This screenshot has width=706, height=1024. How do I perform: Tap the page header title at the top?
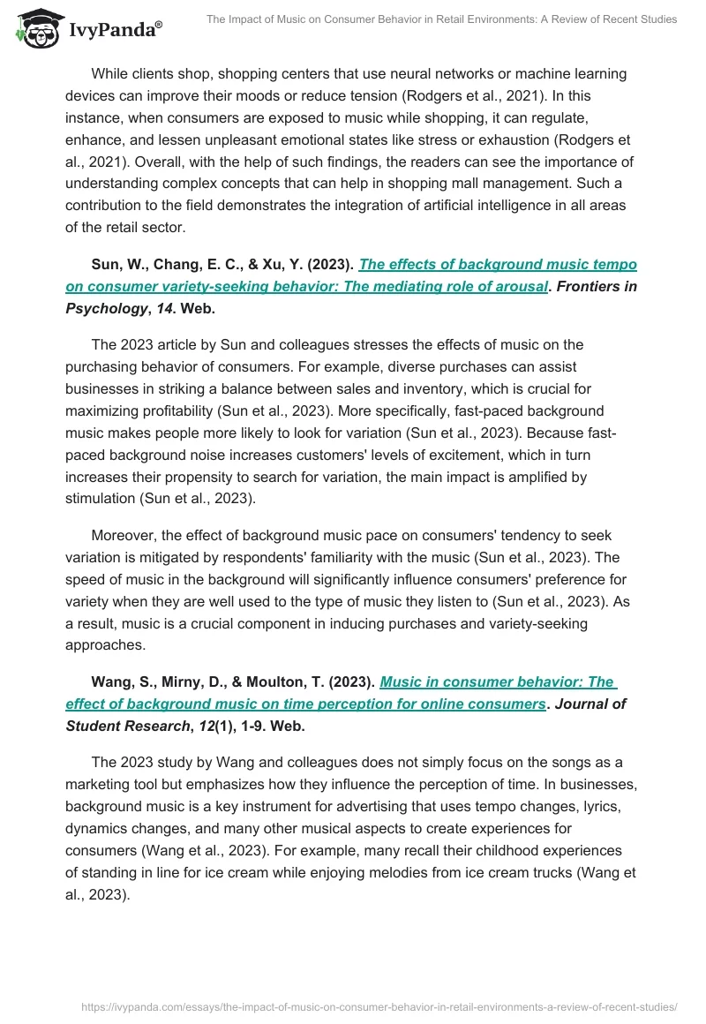tap(441, 19)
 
